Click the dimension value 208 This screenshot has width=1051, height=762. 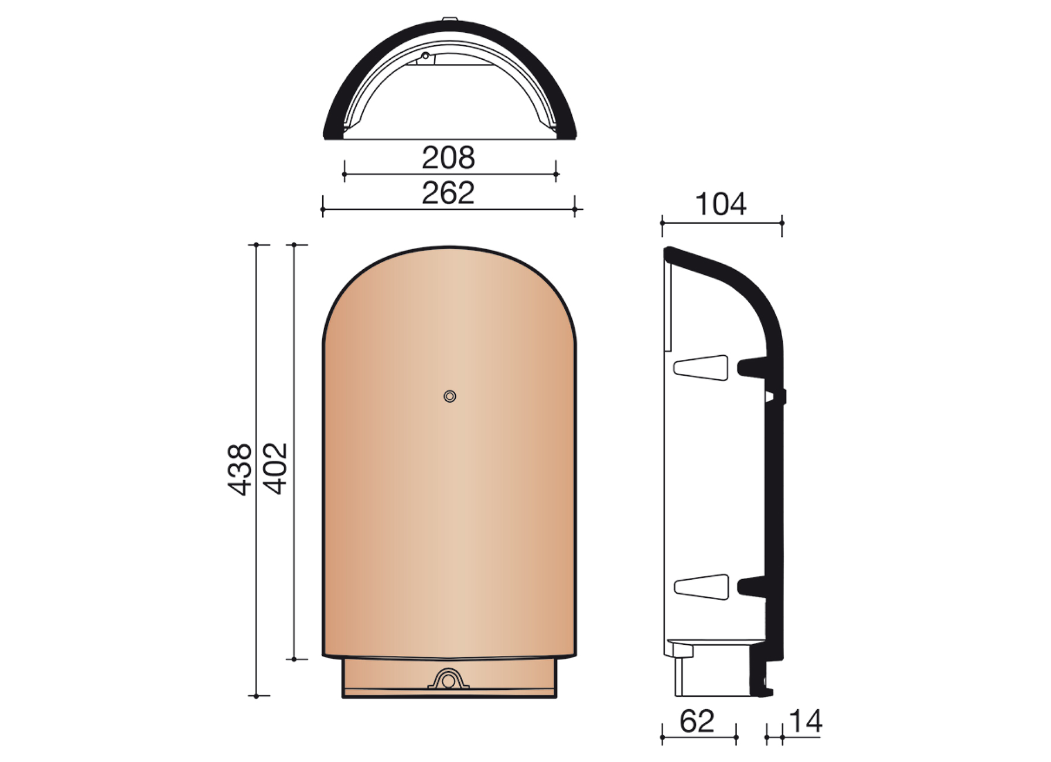point(448,158)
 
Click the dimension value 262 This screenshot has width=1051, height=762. point(448,193)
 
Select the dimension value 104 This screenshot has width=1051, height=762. point(721,205)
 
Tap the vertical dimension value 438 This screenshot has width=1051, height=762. point(240,470)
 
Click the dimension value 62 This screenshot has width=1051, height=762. point(697,722)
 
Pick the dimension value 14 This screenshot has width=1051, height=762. point(806,722)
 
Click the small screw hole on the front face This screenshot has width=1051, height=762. point(449,397)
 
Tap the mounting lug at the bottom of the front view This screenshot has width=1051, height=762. point(448,681)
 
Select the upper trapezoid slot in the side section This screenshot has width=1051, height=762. point(701,368)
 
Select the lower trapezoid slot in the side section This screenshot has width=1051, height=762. point(702,587)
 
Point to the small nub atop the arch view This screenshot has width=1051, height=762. point(449,19)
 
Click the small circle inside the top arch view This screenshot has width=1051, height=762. point(425,56)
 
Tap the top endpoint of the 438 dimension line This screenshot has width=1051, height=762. point(257,244)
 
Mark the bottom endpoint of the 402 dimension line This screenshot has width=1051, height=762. point(294,659)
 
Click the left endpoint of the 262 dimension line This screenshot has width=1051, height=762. point(323,209)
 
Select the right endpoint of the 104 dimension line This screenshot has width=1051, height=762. point(782,223)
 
